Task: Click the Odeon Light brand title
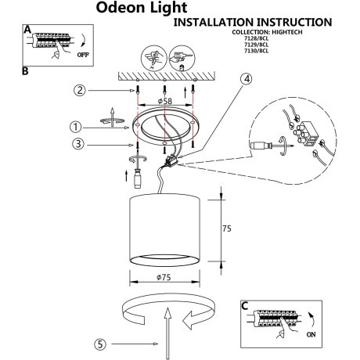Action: (142, 9)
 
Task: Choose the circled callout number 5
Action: (100, 343)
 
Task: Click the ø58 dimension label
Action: (163, 103)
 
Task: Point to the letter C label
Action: (246, 307)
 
